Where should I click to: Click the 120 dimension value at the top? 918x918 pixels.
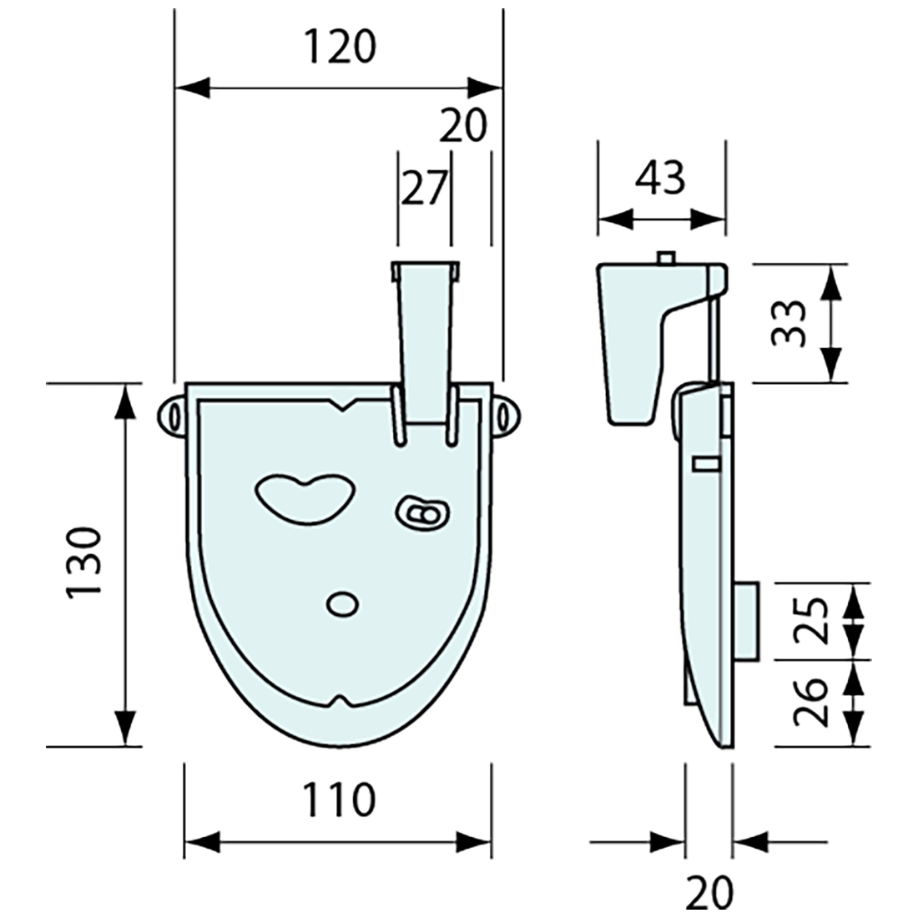(x=339, y=47)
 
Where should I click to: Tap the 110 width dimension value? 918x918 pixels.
(x=338, y=801)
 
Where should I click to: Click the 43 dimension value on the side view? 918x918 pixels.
(x=660, y=178)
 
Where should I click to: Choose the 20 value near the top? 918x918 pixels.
(x=462, y=127)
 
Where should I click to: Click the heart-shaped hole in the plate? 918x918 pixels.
(x=301, y=498)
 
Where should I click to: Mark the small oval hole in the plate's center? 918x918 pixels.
(x=341, y=603)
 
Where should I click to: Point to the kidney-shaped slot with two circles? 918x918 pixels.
(x=422, y=513)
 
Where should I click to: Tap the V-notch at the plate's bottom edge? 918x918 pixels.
(x=340, y=699)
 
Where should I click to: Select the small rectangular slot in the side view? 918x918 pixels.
(x=706, y=463)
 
